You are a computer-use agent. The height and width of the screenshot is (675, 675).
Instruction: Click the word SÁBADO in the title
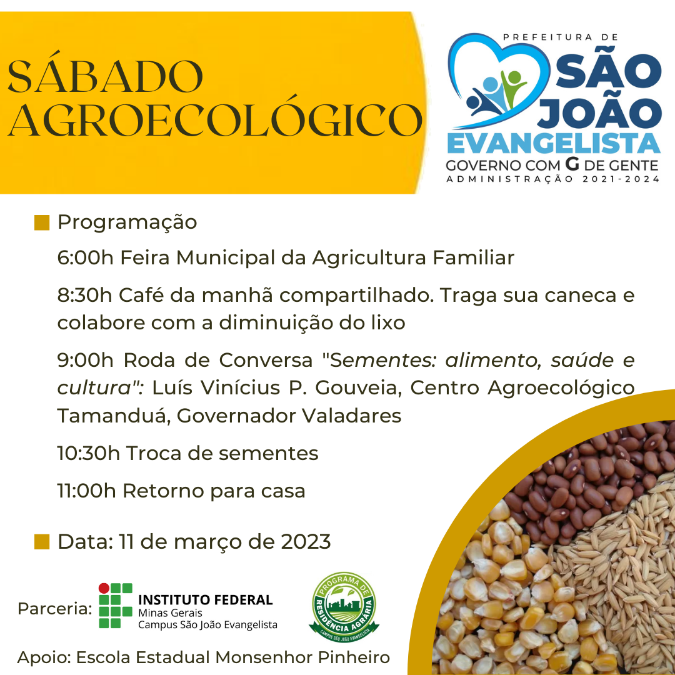pos(106,77)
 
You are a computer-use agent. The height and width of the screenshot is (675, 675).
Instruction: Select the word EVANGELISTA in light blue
pos(554,144)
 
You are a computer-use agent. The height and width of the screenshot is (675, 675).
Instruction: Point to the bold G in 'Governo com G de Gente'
pos(572,164)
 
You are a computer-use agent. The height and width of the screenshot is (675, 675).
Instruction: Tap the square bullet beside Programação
pos(42,222)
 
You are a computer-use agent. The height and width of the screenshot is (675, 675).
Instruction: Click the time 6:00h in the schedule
pos(85,258)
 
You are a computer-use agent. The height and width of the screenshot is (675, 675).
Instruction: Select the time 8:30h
pos(84,295)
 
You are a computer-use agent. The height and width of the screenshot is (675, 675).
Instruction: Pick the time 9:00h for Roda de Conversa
pos(85,360)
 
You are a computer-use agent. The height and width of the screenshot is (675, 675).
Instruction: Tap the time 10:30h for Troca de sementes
pos(88,453)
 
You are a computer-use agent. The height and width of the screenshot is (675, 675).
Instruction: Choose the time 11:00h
pos(86,491)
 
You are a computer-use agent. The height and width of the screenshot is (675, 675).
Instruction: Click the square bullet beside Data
pos(42,542)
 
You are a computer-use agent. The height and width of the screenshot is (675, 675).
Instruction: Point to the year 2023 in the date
pos(306,541)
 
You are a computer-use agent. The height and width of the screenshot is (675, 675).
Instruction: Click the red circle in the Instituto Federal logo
pos(104,588)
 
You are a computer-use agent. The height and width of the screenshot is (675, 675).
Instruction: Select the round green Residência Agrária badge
pos(344,606)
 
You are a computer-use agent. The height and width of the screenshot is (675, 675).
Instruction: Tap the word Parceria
pos(54,609)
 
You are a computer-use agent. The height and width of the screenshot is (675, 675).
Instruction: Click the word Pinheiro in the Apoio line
pos(353,657)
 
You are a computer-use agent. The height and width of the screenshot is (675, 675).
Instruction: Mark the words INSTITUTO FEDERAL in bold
pos(206,599)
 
